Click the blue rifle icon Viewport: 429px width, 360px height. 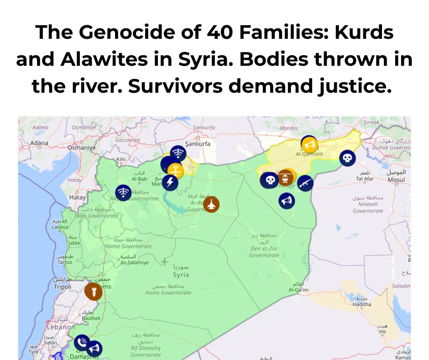305,183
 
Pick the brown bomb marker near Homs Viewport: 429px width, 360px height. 93,291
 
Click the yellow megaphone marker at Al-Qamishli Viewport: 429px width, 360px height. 309,145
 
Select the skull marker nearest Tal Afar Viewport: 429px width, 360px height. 347,158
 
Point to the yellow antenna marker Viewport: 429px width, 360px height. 175,171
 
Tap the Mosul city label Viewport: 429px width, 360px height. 396,180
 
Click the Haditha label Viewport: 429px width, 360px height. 362,304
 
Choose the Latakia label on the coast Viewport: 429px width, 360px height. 60,227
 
